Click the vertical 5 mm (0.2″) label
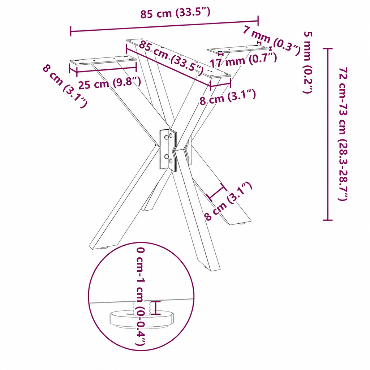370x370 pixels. tap(308, 62)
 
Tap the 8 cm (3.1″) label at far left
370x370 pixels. tap(65, 86)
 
